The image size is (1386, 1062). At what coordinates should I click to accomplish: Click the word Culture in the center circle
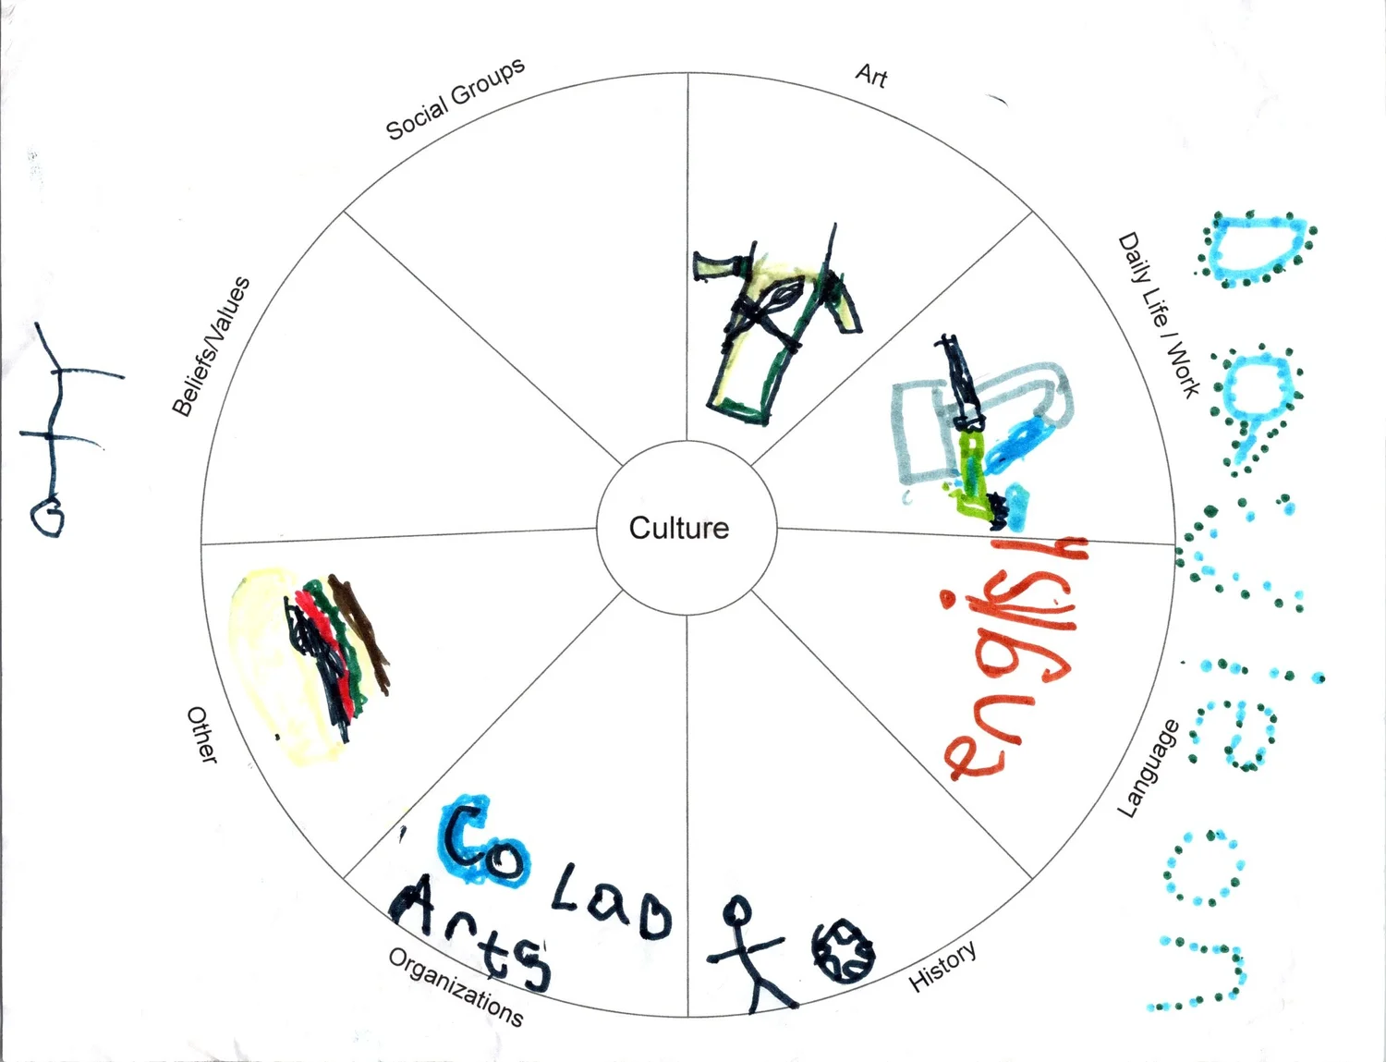coord(679,528)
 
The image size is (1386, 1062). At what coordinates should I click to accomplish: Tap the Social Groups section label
coord(455,98)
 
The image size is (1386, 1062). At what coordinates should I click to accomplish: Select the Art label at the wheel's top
coord(871,75)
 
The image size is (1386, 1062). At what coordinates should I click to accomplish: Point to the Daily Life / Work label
coord(1159,314)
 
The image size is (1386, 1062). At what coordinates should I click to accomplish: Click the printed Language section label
coord(1149,768)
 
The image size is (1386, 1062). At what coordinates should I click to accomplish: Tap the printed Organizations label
coord(456,987)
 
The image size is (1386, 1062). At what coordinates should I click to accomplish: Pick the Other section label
coord(202,735)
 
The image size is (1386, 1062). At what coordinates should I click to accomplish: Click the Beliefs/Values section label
coord(212,346)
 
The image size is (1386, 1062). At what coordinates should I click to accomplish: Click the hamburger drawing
coord(310,662)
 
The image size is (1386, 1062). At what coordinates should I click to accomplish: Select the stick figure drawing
coord(749,952)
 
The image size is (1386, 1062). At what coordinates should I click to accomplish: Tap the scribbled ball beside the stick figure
coord(842,950)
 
